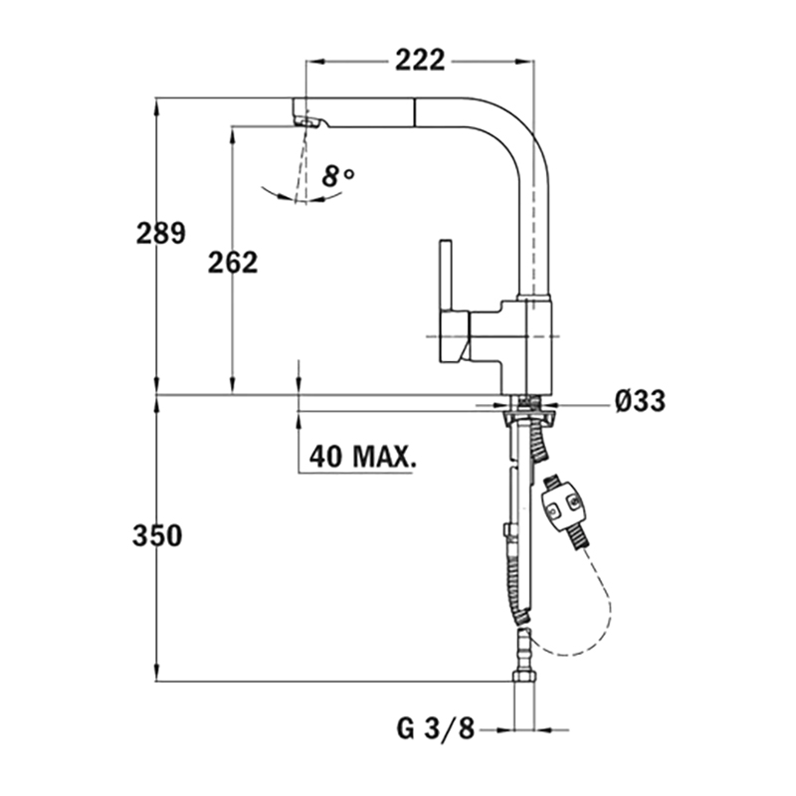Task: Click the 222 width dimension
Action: [x=420, y=61]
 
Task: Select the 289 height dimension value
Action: [x=161, y=234]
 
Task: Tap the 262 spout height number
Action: [x=233, y=263]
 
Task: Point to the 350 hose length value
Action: [x=157, y=536]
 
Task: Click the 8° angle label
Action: [x=338, y=176]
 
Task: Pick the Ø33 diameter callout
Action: [x=640, y=401]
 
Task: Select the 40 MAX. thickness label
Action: [x=363, y=457]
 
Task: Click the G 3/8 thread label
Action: [x=435, y=730]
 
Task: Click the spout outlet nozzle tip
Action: [x=306, y=121]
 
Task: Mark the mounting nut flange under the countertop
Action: [x=528, y=418]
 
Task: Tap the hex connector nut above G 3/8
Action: [x=524, y=677]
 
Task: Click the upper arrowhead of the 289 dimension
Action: [x=157, y=104]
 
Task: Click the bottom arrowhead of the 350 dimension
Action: [x=157, y=674]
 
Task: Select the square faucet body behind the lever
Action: [x=528, y=346]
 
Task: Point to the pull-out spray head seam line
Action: [x=415, y=112]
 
